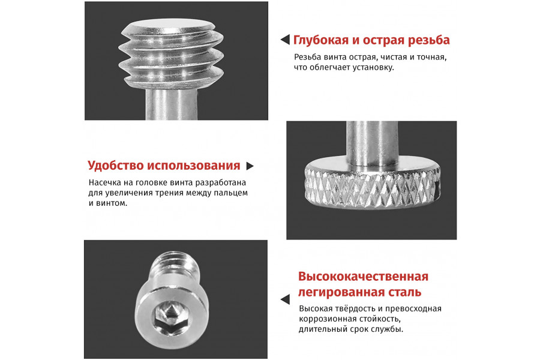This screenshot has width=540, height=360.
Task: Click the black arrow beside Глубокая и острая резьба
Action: (285, 40)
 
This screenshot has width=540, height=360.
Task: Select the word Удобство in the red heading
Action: (116, 166)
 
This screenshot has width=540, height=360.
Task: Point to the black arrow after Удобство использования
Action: (250, 166)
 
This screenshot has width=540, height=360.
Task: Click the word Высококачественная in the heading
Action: (363, 277)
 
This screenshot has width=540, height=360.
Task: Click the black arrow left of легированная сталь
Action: (285, 299)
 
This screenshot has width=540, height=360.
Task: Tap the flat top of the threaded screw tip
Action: (171, 28)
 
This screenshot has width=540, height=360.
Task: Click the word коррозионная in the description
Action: (327, 319)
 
